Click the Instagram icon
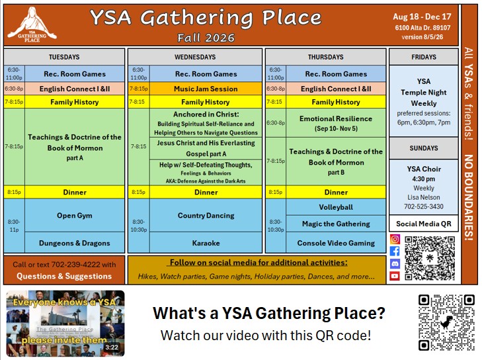[395, 239]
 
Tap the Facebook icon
[395, 251]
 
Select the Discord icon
[395, 263]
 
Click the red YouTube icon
[395, 276]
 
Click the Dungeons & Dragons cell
[75, 243]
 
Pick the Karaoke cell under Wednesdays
[206, 243]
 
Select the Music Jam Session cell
[206, 89]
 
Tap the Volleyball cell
[336, 207]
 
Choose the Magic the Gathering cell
[336, 224]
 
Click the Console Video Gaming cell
[336, 243]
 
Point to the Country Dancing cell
[206, 215]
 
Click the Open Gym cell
[75, 215]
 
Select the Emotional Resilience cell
[336, 123]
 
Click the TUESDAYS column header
[64, 57]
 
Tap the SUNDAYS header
[424, 148]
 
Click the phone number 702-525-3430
[424, 206]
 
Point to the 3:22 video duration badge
[112, 347]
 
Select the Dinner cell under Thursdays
[336, 193]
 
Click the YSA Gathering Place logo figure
[32, 24]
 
